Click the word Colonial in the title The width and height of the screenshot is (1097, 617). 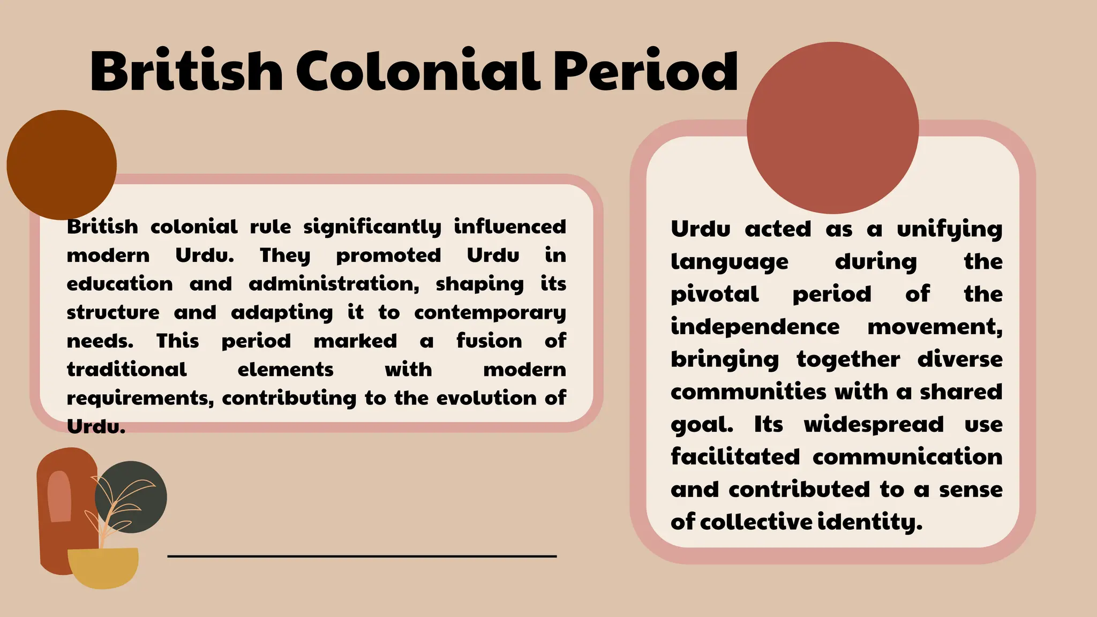pyautogui.click(x=417, y=71)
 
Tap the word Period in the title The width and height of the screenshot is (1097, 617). pyautogui.click(x=645, y=71)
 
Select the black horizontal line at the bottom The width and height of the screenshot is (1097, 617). pyautogui.click(x=362, y=556)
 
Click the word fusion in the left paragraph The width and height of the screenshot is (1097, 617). pyautogui.click(x=489, y=341)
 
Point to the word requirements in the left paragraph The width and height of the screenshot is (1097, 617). pyautogui.click(x=140, y=398)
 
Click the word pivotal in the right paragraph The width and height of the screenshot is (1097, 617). pyautogui.click(x=715, y=295)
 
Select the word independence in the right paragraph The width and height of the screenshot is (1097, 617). pyautogui.click(x=755, y=327)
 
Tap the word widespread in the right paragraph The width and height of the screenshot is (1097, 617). pyautogui.click(x=874, y=425)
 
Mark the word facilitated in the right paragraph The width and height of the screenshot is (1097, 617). pyautogui.click(x=735, y=457)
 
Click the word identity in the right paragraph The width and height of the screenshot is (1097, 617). pyautogui.click(x=870, y=522)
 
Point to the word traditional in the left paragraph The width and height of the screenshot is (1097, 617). pyautogui.click(x=126, y=370)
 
